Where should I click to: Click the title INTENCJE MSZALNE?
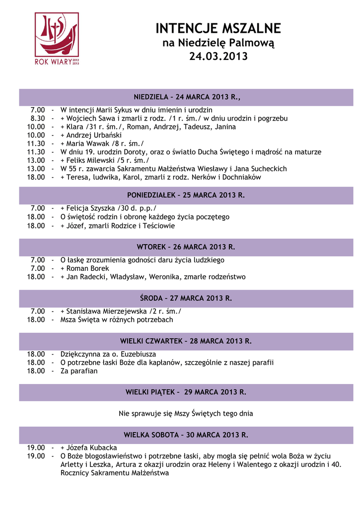click(x=218, y=28)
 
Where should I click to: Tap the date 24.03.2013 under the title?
click(x=218, y=57)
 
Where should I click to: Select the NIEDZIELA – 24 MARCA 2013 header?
click(x=186, y=97)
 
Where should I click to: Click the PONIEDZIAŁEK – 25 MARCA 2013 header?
click(x=186, y=195)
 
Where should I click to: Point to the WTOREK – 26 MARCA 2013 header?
click(x=186, y=247)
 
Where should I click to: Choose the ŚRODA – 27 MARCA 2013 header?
click(x=186, y=299)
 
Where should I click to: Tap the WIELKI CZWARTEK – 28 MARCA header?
click(x=186, y=341)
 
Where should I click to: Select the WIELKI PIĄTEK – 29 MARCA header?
click(x=186, y=392)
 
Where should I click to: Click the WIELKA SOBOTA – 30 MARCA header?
click(x=186, y=436)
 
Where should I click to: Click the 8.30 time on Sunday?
click(x=38, y=119)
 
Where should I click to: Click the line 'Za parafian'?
click(x=79, y=371)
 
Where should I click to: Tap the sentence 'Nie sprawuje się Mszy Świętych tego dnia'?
click(x=186, y=413)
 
